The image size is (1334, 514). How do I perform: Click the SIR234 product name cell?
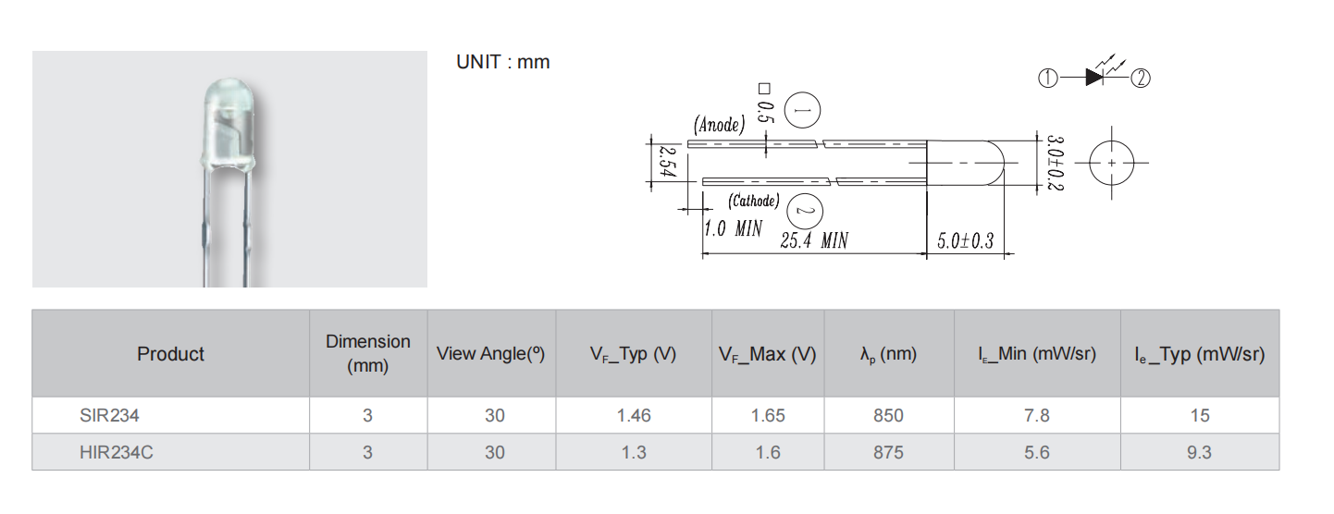coord(109,416)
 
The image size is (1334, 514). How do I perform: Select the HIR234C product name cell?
coord(116,452)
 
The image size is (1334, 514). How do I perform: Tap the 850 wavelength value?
coord(888,416)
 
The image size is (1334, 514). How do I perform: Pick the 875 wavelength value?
coord(888,452)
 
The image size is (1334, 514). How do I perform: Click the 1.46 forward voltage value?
coord(634,416)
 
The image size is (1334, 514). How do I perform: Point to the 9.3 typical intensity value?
coord(1199,452)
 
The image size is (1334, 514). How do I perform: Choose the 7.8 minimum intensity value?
coord(1037,416)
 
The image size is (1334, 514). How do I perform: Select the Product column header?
coord(170,354)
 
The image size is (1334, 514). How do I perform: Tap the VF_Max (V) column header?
coord(767,354)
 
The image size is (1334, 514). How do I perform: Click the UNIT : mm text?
coord(502,62)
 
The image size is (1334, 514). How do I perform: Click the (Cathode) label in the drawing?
coord(753,201)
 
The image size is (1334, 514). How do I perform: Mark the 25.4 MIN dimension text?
coord(814,241)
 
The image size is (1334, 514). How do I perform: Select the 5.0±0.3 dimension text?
coord(964,241)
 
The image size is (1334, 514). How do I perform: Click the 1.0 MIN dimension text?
coord(733,228)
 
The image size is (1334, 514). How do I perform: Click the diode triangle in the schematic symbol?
coord(1094,79)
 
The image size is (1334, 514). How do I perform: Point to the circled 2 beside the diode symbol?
coord(1141,79)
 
